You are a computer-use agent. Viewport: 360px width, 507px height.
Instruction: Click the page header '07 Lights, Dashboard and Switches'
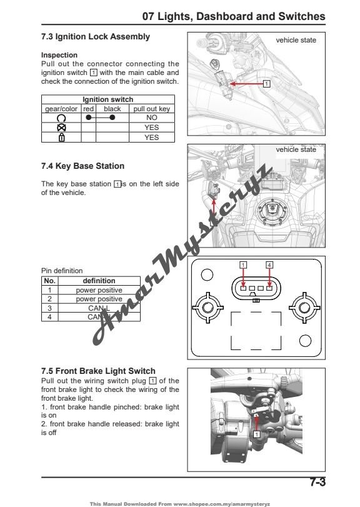click(x=234, y=16)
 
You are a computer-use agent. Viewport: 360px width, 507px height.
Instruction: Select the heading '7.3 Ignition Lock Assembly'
click(x=95, y=37)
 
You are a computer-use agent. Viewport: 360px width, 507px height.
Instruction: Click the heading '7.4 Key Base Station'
click(x=82, y=166)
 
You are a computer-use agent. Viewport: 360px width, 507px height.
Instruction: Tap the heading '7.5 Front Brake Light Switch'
click(x=97, y=371)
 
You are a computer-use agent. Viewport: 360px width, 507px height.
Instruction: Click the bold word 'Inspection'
click(x=59, y=55)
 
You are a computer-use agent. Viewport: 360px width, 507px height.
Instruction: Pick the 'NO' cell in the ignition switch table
click(x=151, y=118)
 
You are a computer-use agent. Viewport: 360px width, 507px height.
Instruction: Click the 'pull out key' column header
click(x=151, y=109)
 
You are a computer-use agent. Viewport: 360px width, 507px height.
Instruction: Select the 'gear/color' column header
click(x=61, y=109)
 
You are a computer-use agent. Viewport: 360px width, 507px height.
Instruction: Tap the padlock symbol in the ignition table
click(x=61, y=138)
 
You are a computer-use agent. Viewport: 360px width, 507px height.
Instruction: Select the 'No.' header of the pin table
click(x=49, y=281)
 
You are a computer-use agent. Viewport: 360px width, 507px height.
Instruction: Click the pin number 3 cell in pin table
click(x=49, y=308)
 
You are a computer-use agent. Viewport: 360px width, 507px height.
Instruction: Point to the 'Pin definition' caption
click(x=61, y=271)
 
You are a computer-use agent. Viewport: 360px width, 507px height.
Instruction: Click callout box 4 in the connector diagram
click(x=269, y=264)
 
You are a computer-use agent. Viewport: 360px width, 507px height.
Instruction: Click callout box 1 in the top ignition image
click(x=267, y=83)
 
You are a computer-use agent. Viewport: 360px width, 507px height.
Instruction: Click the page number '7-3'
click(x=317, y=482)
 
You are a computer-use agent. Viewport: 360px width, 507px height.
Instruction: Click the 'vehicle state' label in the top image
click(x=296, y=40)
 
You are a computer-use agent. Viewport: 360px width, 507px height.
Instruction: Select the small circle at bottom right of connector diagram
click(x=305, y=341)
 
